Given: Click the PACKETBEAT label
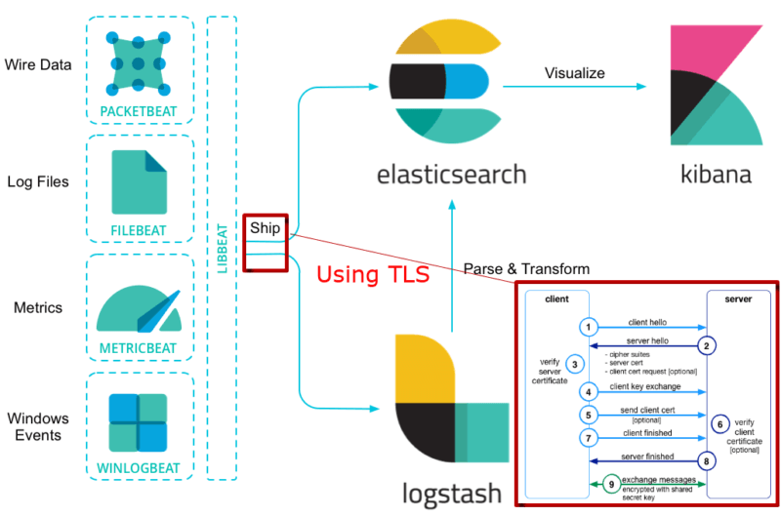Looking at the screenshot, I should pos(139,111).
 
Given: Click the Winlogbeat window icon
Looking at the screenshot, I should pos(139,421).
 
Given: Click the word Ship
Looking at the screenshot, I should pos(265,228).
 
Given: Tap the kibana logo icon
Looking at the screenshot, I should pos(716,85).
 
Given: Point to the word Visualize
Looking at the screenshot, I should pos(574,73).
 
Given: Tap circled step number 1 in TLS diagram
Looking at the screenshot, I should pos(588,326).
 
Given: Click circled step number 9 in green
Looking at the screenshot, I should pos(610,482).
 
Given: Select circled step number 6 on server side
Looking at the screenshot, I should pos(718,424).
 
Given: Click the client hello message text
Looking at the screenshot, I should pos(647,321).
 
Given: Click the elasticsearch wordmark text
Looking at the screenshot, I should pos(451,176).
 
